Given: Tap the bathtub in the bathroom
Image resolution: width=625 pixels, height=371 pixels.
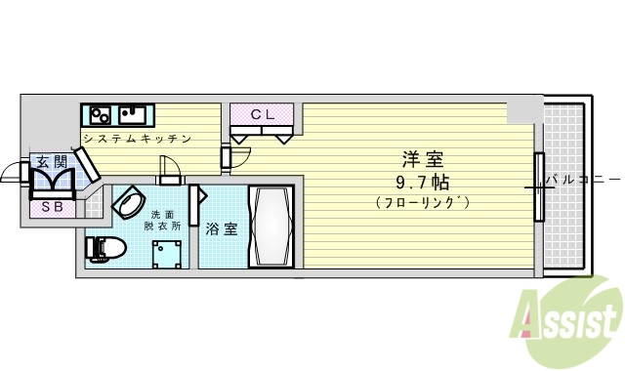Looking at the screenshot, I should click(270, 226).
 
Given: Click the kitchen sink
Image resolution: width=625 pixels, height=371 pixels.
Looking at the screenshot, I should click(135, 112).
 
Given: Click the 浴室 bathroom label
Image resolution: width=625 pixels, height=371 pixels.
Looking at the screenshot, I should click(222, 229).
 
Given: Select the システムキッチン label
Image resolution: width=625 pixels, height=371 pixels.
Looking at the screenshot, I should click(136, 139).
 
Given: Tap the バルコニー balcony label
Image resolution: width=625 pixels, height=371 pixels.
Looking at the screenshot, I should click(582, 180).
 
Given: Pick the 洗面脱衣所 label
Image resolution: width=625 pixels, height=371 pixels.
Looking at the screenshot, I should click(164, 219).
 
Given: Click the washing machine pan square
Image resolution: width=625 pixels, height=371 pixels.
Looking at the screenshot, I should click(169, 254).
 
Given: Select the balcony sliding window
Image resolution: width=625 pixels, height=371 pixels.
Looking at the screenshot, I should click(538, 186).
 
